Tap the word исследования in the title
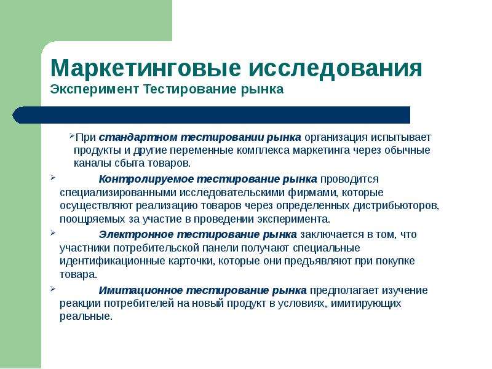[335, 68]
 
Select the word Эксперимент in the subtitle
[94, 89]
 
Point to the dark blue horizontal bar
[211, 115]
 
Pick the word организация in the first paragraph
[336, 137]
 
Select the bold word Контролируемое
[146, 179]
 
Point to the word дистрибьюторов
[396, 206]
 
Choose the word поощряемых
[92, 219]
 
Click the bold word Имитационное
[141, 290]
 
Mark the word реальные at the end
[86, 316]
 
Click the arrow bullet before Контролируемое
[52, 178]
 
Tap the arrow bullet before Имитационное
[52, 288]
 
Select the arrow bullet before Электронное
[52, 233]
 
